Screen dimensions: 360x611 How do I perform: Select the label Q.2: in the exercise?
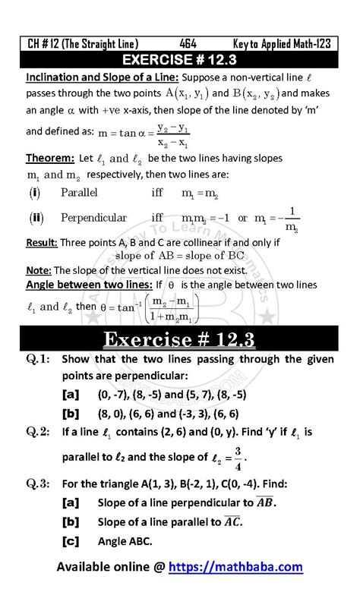(38, 433)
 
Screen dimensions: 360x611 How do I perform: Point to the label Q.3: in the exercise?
(38, 483)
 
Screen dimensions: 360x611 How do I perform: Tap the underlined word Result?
(43, 244)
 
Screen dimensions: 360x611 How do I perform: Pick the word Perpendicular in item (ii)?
(93, 218)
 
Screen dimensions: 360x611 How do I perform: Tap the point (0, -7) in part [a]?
(112, 395)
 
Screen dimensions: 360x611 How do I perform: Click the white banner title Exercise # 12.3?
(180, 337)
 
